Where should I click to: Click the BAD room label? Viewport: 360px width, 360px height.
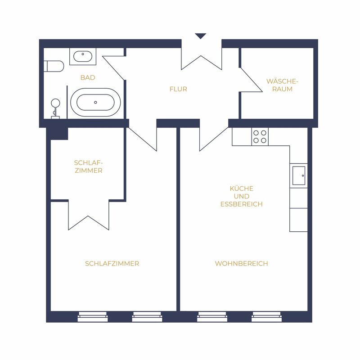coord(88,77)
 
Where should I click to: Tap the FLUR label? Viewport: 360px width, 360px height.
coord(178,89)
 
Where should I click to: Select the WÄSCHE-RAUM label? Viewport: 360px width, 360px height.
coord(282,85)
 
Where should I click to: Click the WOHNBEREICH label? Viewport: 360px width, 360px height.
coord(242,263)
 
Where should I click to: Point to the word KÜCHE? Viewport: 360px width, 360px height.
coord(242,189)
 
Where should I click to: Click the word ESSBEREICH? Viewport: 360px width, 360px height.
coord(242,204)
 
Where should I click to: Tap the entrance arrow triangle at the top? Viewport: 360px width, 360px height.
coord(200,36)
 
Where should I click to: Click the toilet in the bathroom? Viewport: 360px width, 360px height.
coord(54,66)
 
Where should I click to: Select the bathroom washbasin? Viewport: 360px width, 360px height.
coord(83,57)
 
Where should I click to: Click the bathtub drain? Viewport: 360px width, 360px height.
coord(95,103)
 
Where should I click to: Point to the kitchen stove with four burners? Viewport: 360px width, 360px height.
coord(260,137)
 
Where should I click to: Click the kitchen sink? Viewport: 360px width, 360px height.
coord(299,175)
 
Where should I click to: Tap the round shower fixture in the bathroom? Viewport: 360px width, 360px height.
coord(55,103)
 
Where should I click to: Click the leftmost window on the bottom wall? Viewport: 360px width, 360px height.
coord(93,317)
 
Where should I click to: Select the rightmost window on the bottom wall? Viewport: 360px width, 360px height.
coord(266,317)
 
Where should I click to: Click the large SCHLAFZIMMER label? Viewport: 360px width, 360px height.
coord(112,263)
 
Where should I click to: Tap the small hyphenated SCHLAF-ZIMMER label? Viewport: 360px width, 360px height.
coord(88,166)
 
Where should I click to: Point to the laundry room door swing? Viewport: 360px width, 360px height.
coord(252,80)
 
